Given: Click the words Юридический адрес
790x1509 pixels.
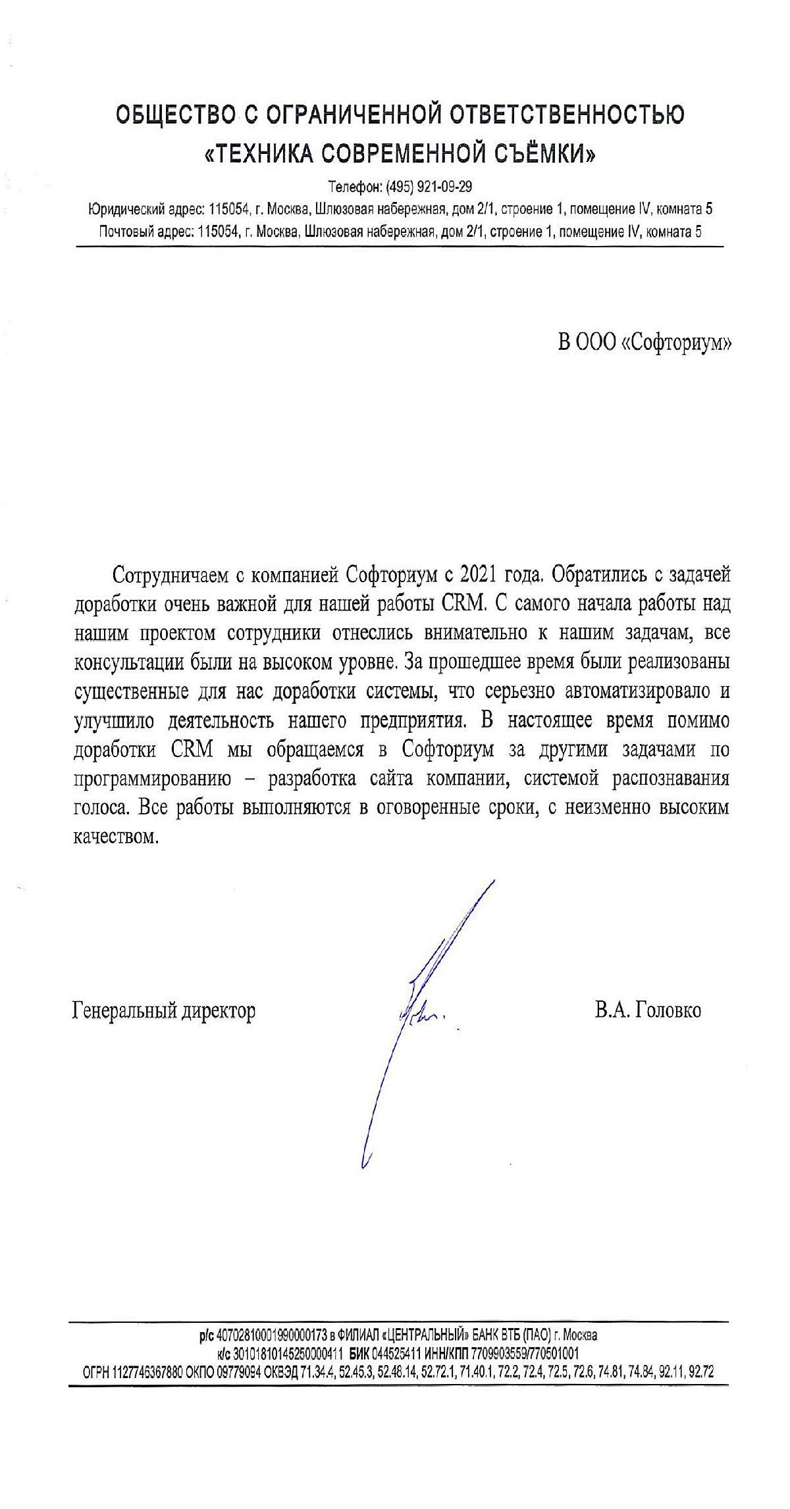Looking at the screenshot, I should click(138, 210).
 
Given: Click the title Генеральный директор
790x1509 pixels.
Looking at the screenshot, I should click(163, 1010).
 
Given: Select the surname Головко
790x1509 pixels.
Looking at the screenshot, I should click(666, 1010).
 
